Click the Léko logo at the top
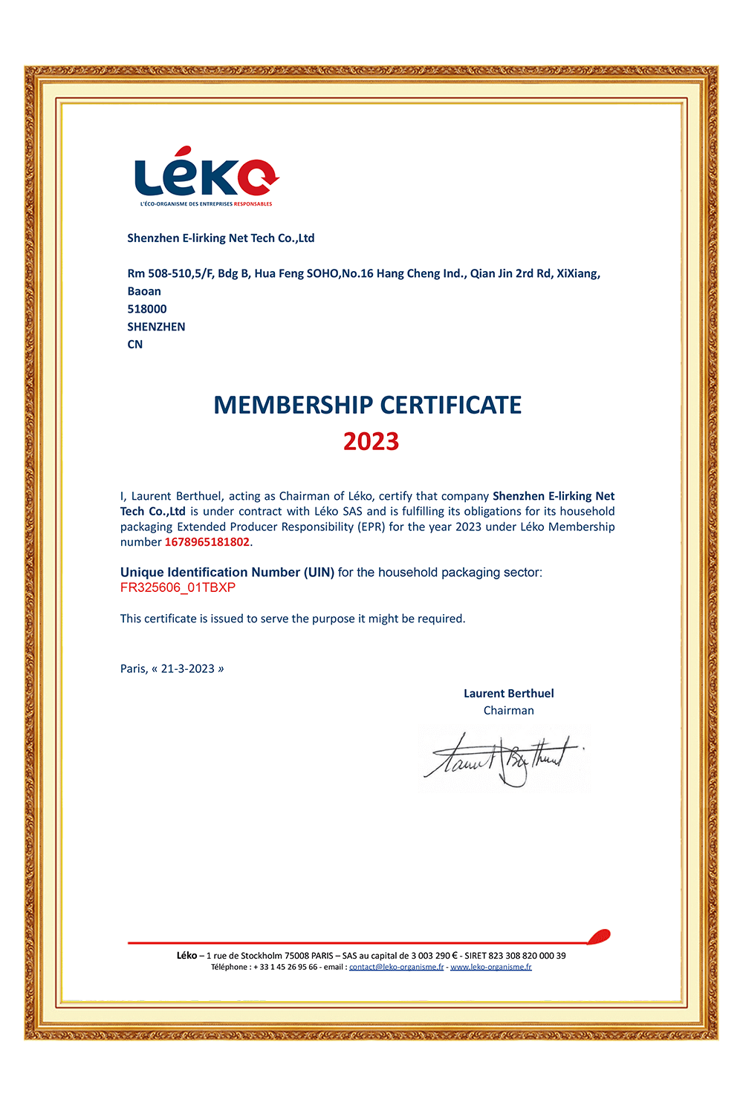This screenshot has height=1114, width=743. (x=206, y=177)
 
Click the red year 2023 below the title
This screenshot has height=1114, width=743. (x=371, y=441)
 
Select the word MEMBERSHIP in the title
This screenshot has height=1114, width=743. (x=293, y=405)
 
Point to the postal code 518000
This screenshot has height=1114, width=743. (x=147, y=309)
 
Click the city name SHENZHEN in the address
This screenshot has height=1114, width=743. (x=156, y=327)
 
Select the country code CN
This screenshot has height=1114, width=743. (x=135, y=345)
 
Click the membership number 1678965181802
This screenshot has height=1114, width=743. (x=207, y=542)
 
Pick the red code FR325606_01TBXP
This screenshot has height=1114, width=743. (x=178, y=587)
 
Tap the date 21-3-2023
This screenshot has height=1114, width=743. (x=187, y=668)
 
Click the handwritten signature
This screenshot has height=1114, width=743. (x=504, y=759)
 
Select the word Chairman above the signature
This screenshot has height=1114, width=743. (x=508, y=711)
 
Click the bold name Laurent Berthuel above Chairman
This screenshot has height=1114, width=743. (x=508, y=694)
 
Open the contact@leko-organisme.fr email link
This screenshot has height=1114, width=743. (x=396, y=967)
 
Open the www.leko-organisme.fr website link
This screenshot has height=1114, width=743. (x=490, y=967)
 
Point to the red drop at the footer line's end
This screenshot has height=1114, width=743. (x=600, y=937)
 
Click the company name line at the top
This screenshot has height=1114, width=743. (x=221, y=238)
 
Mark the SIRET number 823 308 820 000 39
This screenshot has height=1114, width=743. (x=527, y=956)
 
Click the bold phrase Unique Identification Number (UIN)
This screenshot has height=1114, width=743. (x=227, y=573)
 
